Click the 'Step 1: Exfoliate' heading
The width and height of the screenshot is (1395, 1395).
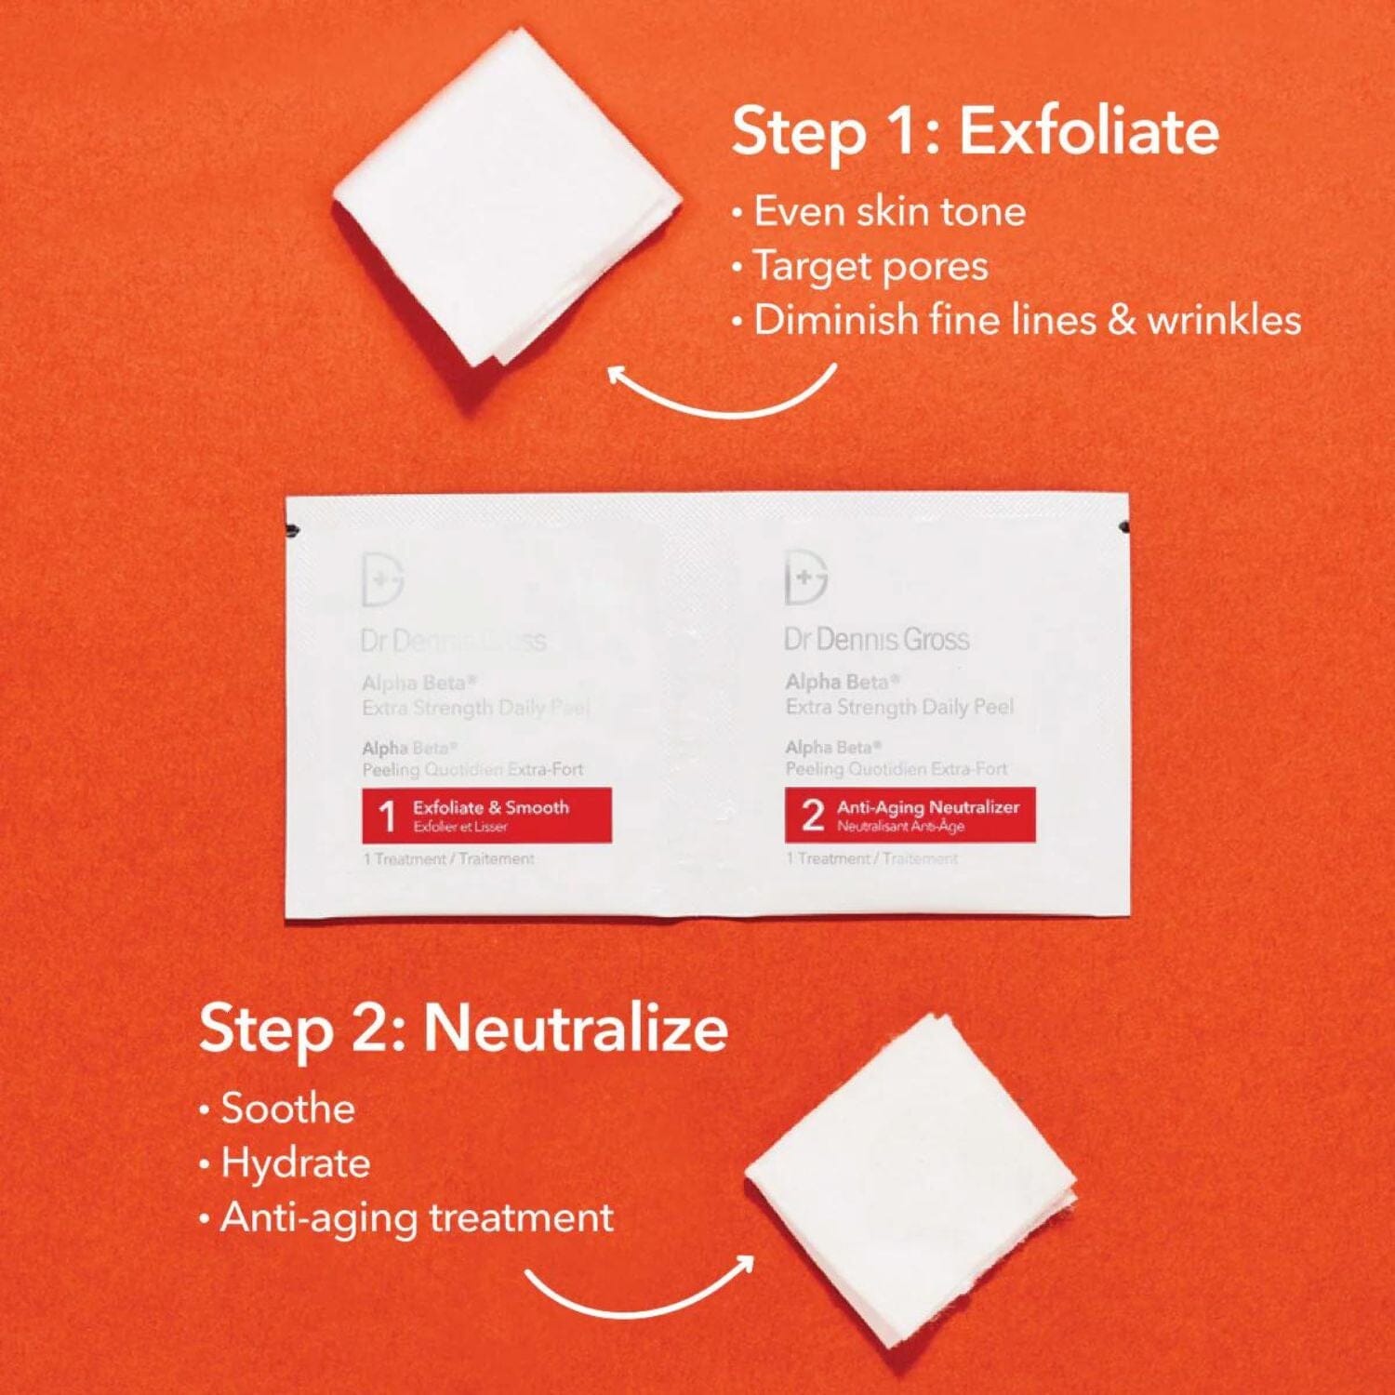(x=975, y=132)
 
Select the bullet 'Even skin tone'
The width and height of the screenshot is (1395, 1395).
(x=889, y=212)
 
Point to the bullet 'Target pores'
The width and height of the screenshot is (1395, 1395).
(x=870, y=267)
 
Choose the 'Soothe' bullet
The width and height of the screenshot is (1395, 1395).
(x=287, y=1109)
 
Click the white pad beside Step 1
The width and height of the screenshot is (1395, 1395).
(x=507, y=197)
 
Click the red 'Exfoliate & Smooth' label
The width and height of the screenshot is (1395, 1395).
(x=486, y=816)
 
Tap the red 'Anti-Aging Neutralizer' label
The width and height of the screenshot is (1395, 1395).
(x=910, y=816)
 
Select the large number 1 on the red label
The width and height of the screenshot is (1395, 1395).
(x=387, y=817)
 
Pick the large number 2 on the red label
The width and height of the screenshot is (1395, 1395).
(x=812, y=816)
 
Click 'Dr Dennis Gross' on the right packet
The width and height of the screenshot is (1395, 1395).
(x=876, y=640)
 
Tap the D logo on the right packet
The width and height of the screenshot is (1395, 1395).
(x=805, y=578)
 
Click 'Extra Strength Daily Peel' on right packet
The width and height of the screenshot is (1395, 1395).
(x=899, y=707)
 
